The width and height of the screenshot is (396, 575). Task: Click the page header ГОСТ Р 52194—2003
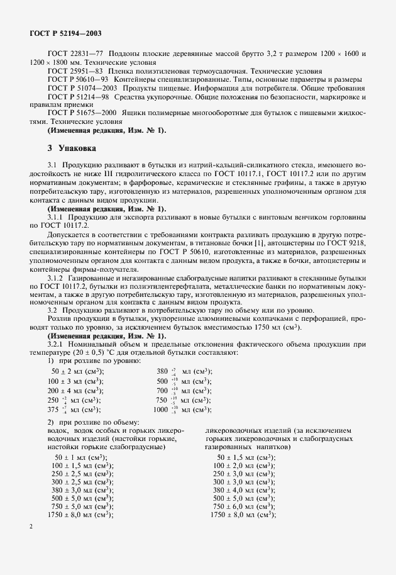click(x=65, y=32)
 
